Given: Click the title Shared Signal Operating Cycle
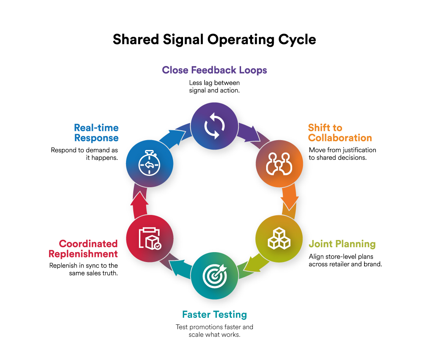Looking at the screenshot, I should click(x=214, y=39).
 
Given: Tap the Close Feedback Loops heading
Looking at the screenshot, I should click(x=214, y=70).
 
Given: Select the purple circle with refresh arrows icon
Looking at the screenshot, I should click(x=214, y=126).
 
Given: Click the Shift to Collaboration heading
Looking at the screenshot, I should click(x=340, y=133).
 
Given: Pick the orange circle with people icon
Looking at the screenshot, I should click(x=279, y=164).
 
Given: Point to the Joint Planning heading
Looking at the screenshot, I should click(x=342, y=244).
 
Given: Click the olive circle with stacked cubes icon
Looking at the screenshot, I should click(x=279, y=239).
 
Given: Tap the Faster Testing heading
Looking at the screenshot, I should click(x=214, y=314).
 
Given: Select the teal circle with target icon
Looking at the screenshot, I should click(x=214, y=276).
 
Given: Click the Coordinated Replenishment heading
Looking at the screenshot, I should click(x=88, y=249).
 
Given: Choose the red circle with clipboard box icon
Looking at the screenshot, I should click(x=150, y=239).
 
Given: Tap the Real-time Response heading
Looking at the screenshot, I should click(x=96, y=133).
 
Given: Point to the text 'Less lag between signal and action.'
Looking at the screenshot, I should click(x=214, y=87).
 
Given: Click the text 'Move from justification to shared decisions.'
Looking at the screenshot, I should click(x=342, y=154).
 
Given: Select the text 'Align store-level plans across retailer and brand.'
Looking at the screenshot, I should click(x=345, y=260).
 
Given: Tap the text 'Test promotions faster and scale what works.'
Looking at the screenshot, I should click(x=214, y=331).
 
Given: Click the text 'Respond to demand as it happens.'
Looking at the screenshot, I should click(x=85, y=154).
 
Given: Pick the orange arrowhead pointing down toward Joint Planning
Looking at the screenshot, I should click(x=290, y=203).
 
